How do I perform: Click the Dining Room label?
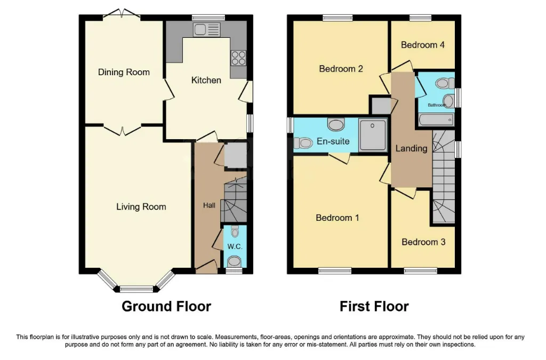coord(124,72)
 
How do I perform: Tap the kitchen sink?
coord(207,29)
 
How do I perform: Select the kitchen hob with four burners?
coord(238,58)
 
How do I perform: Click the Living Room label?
coord(141,207)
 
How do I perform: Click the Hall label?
coord(209,205)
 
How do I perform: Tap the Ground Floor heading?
coord(166,306)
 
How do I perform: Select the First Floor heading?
coord(374,306)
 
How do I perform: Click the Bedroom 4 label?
coord(423,45)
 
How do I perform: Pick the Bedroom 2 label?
coord(341,69)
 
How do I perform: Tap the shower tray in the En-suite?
coord(373,135)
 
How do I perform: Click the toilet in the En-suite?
coord(303,143)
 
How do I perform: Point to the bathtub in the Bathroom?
coord(437,120)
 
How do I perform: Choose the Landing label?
coord(411,149)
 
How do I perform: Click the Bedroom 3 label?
coord(423,242)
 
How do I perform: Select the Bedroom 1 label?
coord(338,218)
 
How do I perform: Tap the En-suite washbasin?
coord(336,124)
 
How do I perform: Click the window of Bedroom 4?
coord(420,18)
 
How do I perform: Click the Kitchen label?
coord(206,80)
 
